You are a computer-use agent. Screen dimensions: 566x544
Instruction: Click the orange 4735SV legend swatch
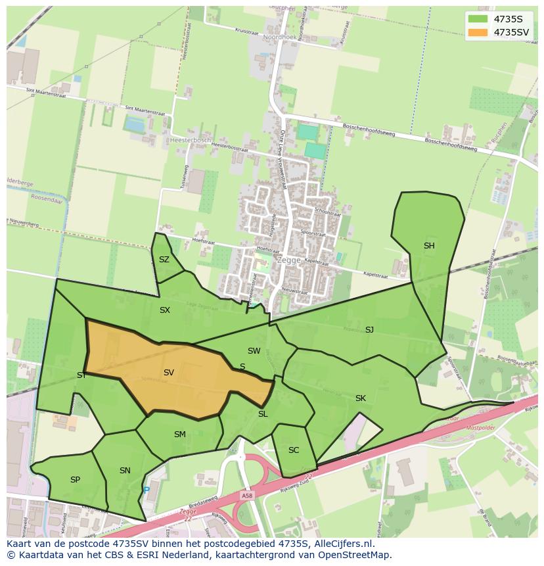[478, 32]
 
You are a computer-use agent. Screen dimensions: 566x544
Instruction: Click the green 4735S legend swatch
[478, 19]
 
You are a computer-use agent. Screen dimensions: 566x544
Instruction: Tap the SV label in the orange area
[169, 373]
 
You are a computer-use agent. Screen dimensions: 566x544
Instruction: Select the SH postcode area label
[429, 246]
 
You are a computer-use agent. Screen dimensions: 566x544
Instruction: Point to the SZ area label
[164, 260]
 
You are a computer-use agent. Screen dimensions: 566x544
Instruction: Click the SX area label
[165, 310]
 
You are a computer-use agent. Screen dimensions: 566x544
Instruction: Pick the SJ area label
[369, 330]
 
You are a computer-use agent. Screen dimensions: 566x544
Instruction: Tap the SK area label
[361, 398]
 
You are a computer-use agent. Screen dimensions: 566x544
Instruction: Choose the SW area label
[254, 351]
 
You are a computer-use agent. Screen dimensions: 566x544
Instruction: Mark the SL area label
[263, 414]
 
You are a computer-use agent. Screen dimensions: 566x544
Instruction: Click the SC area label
[294, 450]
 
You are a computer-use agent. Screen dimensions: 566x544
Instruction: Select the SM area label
[180, 435]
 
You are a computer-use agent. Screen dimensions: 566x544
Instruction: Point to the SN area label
[125, 471]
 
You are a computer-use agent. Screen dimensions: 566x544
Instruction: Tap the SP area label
[75, 480]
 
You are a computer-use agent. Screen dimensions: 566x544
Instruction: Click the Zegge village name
[288, 260]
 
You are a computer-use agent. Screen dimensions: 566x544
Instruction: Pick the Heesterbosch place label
[190, 140]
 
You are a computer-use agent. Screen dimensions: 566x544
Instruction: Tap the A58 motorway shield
[246, 496]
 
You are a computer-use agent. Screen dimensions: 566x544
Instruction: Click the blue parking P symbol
[147, 490]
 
